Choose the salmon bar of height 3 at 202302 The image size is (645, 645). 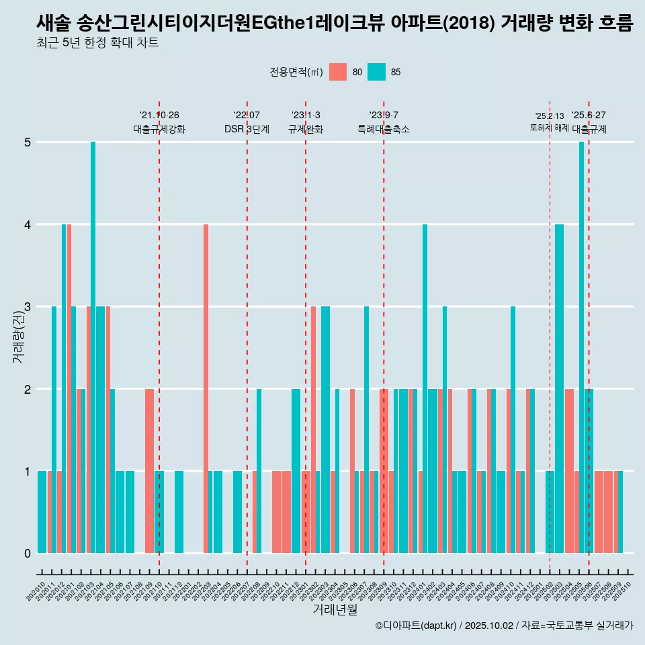coord(313,430)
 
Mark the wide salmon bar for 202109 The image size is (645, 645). coord(149,470)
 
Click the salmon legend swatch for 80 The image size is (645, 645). coord(338,72)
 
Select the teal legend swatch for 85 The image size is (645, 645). coord(377,72)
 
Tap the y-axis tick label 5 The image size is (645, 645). coord(28,142)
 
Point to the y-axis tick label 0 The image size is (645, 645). coord(28,554)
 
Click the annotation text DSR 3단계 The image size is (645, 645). coord(247,129)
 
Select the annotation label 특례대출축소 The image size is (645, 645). coord(383,129)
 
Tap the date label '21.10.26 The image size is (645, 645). coord(159,115)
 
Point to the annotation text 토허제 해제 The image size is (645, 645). coord(549,127)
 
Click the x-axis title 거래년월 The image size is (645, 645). coord(335,610)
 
